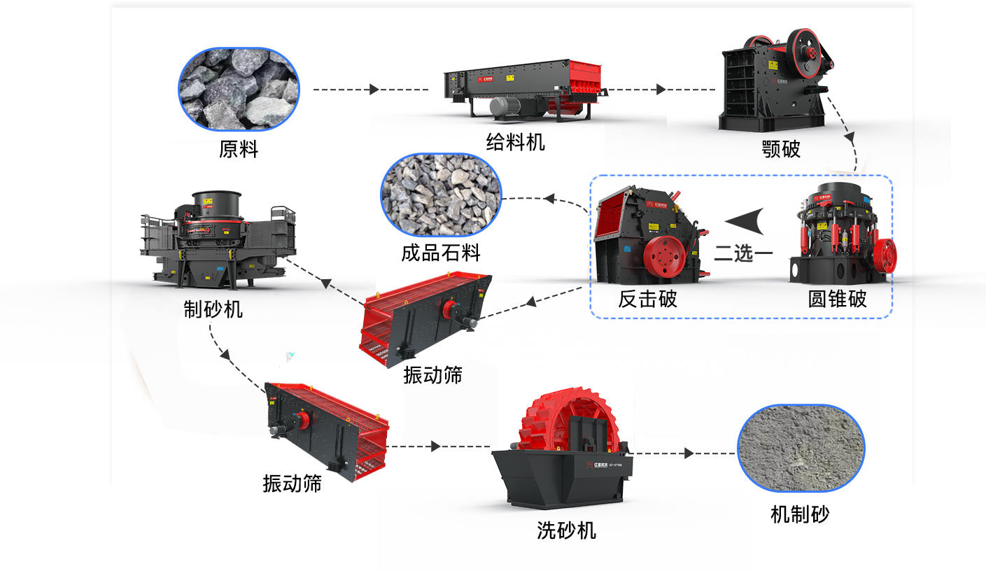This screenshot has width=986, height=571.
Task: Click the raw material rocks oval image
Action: [239, 89]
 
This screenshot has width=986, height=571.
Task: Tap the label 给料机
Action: [515, 143]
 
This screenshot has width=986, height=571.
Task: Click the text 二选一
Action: [743, 253]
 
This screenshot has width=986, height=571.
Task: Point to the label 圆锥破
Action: [837, 299]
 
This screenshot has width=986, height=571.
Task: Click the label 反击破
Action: [647, 299]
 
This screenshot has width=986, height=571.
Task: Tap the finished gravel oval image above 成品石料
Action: [441, 195]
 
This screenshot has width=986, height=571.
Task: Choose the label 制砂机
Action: [213, 309]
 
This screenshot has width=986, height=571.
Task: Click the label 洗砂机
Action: [566, 530]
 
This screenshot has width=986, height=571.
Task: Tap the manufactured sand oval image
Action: [801, 447]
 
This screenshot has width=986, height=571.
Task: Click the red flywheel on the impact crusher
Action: [662, 257]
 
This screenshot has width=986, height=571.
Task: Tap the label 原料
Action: [239, 149]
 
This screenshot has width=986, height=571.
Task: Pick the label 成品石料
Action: [441, 253]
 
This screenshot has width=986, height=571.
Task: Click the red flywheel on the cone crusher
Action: [884, 257]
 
